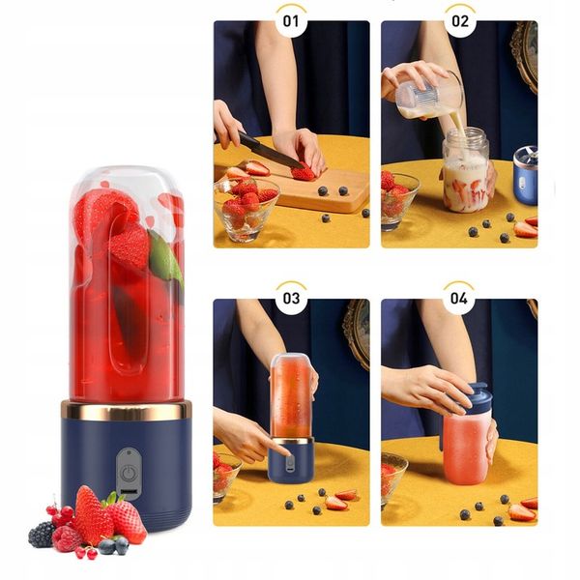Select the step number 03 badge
click(291, 298)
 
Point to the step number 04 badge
click(460, 298)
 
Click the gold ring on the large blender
click(126, 410)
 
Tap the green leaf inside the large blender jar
click(166, 259)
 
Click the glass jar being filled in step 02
click(465, 174)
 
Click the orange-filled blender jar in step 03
click(290, 396)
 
